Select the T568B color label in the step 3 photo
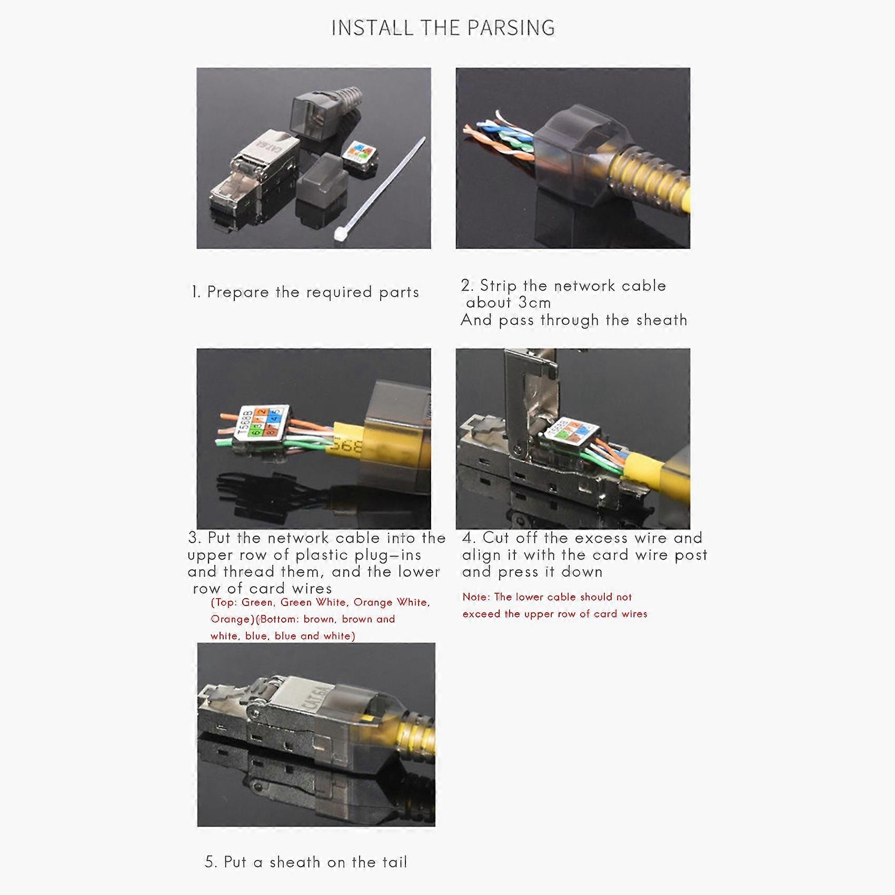click(263, 422)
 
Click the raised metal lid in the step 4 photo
click(526, 390)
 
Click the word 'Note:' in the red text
click(476, 597)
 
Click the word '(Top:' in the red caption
click(224, 602)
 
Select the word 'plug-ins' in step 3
click(387, 555)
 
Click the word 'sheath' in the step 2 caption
click(661, 320)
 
